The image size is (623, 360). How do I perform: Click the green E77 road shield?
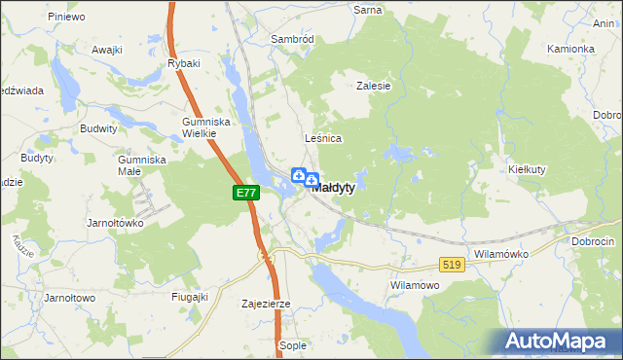pos(246,193)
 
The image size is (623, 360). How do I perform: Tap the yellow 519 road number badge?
pos(451,264)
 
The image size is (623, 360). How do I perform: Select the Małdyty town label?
pos(333,188)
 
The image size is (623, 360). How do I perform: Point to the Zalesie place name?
pos(374,86)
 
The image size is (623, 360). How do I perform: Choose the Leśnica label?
pos(323,138)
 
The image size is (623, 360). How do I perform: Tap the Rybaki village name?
pos(183,64)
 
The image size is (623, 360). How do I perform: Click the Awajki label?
pos(106,49)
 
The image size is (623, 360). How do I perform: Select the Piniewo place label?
pos(65,17)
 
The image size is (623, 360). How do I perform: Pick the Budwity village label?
pos(99,127)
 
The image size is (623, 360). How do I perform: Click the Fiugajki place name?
pos(190,297)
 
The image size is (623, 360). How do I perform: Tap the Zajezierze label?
pos(266,304)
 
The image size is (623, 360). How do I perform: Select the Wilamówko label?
pos(500,254)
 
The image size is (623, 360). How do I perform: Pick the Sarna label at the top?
pos(368,9)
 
